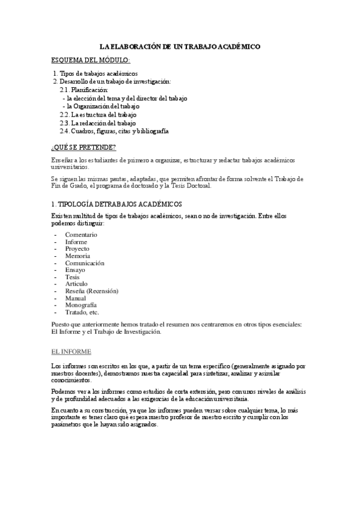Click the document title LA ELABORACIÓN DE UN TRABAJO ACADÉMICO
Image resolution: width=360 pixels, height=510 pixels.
[180, 46]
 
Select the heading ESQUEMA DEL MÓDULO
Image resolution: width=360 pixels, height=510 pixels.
[91, 61]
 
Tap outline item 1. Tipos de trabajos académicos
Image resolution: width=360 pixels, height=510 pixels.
[99, 73]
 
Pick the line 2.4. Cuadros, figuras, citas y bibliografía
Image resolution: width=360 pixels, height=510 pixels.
[114, 131]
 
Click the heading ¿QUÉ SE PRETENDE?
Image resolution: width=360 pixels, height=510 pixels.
[84, 147]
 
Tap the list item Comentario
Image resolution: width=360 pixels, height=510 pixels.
[81, 235]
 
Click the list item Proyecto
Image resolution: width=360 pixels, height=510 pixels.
[78, 248]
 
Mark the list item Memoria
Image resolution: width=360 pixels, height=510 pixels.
[78, 256]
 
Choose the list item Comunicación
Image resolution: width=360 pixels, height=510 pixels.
[85, 263]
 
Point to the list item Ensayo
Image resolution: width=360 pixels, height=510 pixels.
[76, 270]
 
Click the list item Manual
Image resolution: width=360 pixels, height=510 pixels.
[76, 298]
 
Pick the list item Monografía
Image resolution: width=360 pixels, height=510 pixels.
[82, 306]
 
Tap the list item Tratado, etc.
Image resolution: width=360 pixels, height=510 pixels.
[82, 313]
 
